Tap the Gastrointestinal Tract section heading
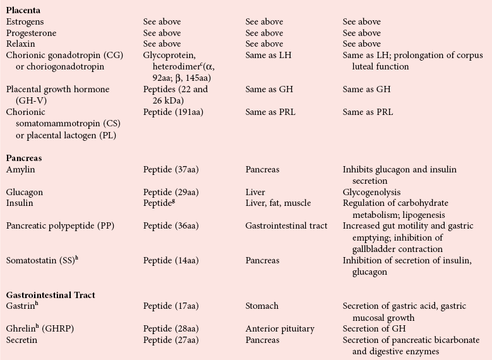pos(51,294)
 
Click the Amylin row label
pos(20,170)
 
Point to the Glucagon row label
pos(24,192)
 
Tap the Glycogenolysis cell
pos(371,192)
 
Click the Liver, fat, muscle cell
pos(278,203)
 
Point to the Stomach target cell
pos(261,306)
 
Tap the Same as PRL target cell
pos(270,112)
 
